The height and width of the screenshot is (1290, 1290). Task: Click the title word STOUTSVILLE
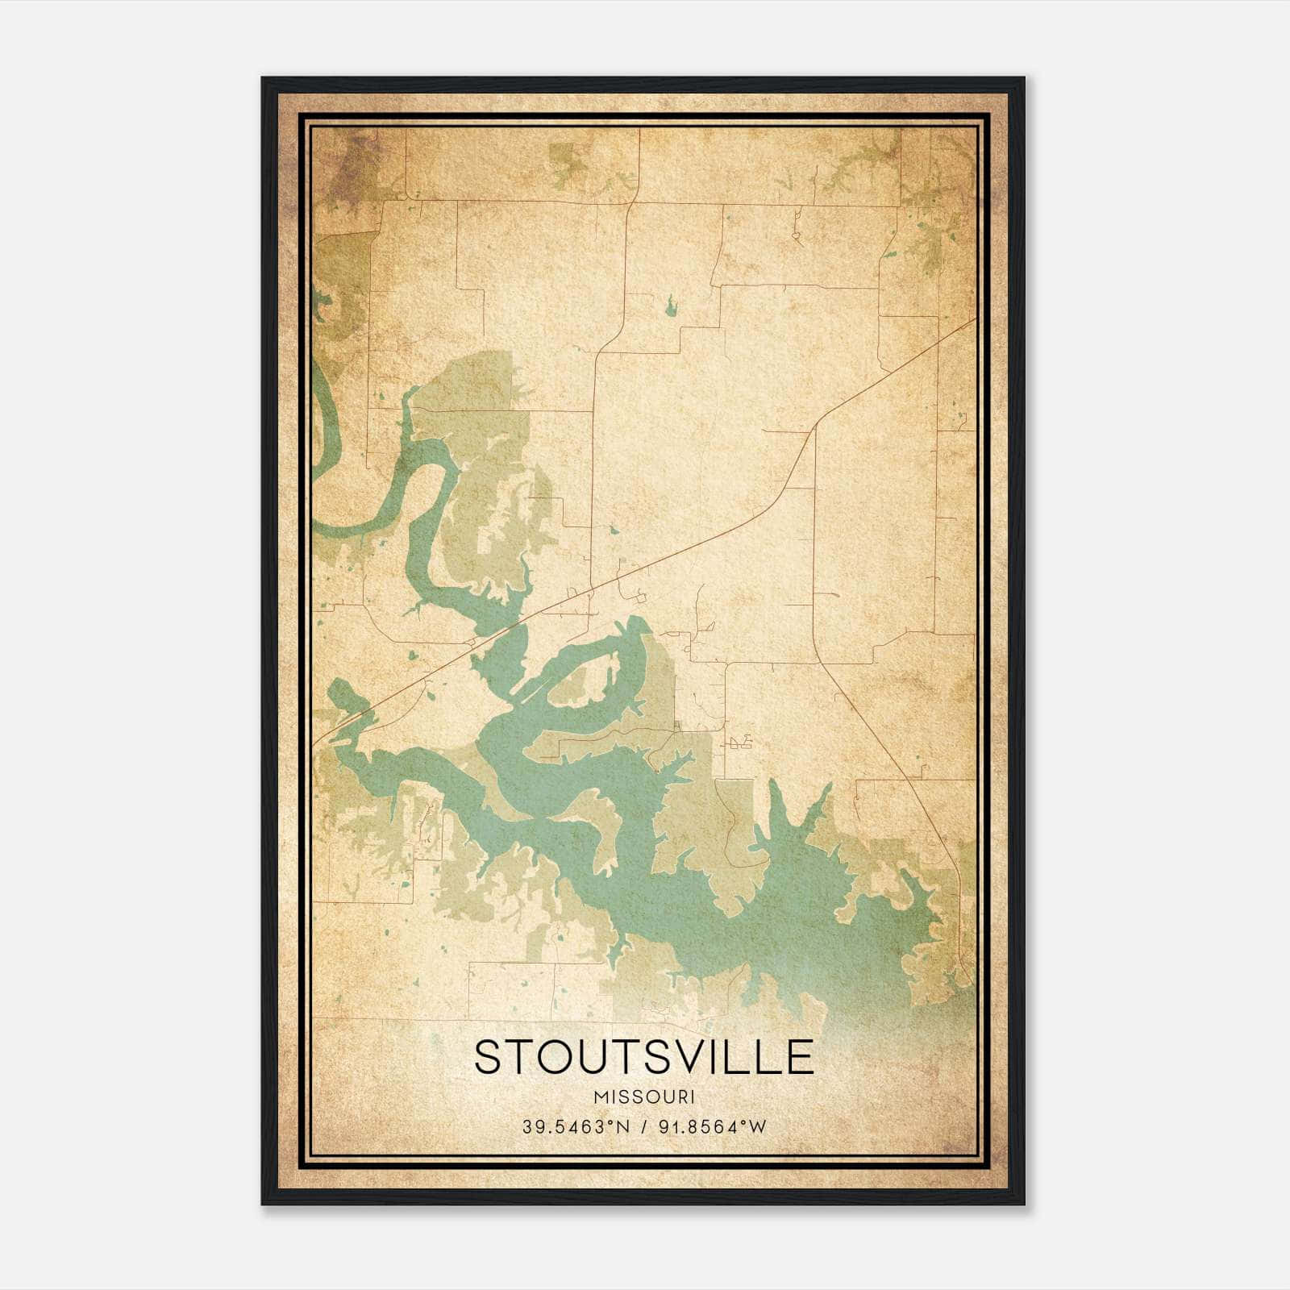(x=644, y=1057)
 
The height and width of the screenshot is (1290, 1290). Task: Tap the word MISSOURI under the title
(x=644, y=1097)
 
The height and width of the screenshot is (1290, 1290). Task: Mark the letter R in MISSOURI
(x=680, y=1097)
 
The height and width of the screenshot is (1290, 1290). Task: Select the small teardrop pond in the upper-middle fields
(x=669, y=305)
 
